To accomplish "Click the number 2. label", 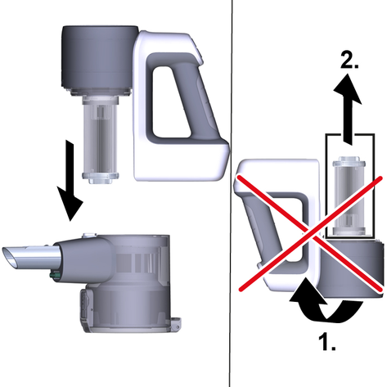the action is click(x=349, y=60).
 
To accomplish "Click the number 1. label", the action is click(x=327, y=341).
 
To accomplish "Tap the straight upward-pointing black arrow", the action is click(x=348, y=109).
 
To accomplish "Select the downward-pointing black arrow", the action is click(x=70, y=180).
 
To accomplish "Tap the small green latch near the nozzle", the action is click(x=56, y=276).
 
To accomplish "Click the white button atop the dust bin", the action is click(x=90, y=235).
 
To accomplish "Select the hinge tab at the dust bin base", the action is click(x=176, y=322).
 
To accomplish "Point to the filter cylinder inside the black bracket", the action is click(x=349, y=196).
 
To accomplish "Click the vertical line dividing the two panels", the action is click(x=231, y=193).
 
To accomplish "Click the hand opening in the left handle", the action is click(x=170, y=101).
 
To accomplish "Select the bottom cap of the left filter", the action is click(x=101, y=178).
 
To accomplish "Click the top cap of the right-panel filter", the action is click(x=349, y=162).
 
